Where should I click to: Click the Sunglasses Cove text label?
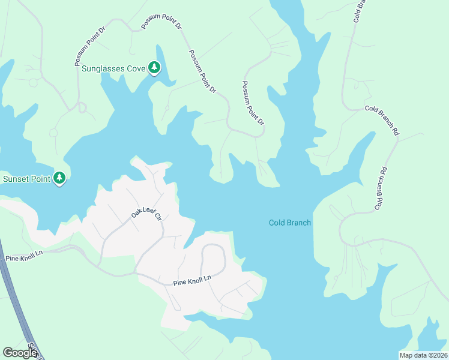point(113,68)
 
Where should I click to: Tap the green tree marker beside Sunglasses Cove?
point(155,68)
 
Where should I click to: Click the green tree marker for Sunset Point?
point(59,178)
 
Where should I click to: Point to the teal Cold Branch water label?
point(289,223)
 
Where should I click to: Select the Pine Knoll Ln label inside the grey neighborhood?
point(193,280)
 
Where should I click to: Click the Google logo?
point(20,353)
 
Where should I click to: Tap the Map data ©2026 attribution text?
point(423,355)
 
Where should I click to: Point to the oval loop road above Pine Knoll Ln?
point(213,259)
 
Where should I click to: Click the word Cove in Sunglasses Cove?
point(136,68)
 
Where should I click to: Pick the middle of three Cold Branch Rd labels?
point(382,119)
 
